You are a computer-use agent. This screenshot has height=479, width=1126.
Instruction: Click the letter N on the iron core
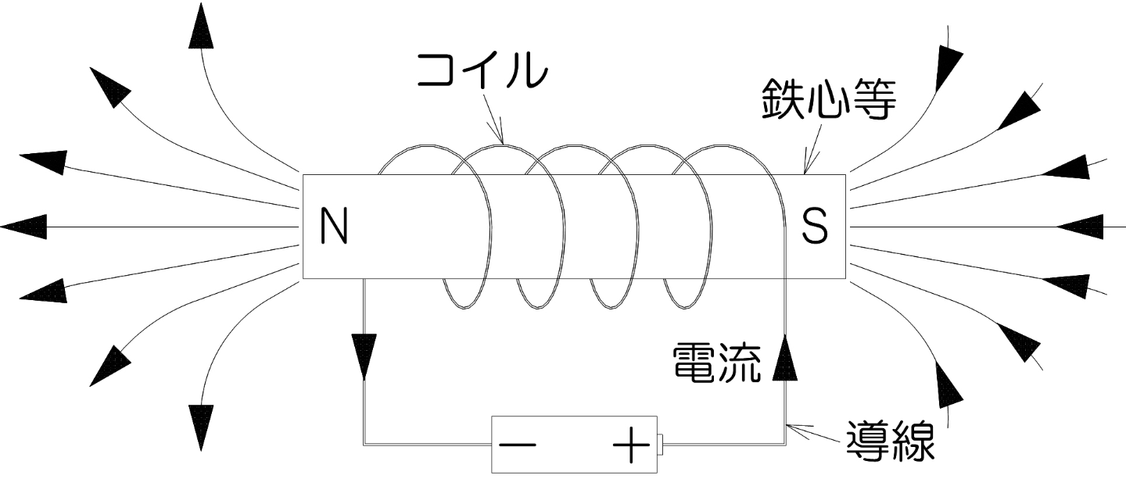[334, 227]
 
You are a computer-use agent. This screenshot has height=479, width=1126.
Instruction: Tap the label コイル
[482, 71]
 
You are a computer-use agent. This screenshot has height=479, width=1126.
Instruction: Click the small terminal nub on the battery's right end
[661, 445]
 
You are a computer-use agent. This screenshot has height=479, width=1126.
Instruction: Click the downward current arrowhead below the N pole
[364, 356]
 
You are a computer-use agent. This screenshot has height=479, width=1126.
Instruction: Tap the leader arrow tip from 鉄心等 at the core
[805, 171]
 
